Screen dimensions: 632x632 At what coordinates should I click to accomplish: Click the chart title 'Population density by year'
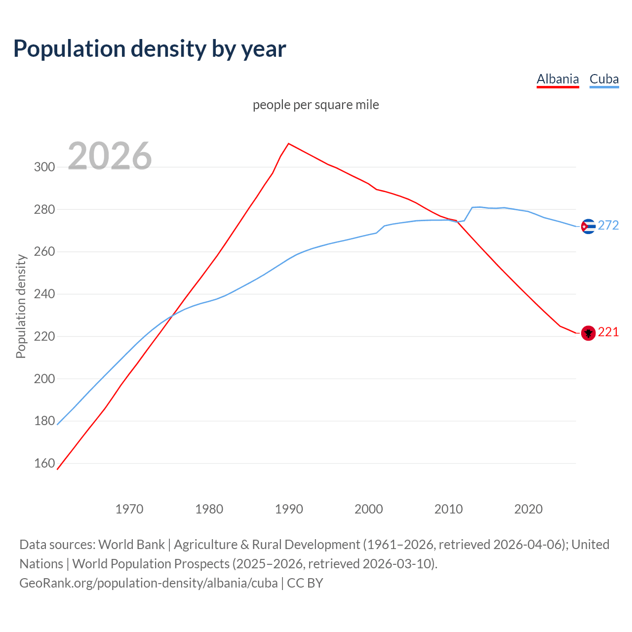[150, 48]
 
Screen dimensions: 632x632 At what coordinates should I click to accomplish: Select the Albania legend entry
[557, 79]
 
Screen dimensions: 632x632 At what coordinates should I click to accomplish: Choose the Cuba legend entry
[604, 79]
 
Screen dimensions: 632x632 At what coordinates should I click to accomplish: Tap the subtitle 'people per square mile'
[316, 105]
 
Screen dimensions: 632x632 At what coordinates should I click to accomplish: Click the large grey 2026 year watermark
[110, 156]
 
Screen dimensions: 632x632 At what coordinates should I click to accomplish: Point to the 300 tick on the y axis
[44, 167]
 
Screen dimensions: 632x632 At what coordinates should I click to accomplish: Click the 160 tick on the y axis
[44, 463]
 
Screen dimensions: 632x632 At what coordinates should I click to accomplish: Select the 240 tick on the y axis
[44, 294]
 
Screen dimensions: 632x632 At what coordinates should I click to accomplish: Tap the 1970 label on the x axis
[129, 509]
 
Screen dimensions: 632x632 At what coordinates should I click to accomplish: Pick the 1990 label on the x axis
[289, 509]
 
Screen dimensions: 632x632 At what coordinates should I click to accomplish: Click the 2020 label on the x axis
[528, 509]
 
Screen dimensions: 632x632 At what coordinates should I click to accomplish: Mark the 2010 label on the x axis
[448, 509]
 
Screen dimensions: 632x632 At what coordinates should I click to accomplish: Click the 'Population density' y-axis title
[21, 306]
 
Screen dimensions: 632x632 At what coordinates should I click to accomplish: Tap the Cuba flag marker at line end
[588, 226]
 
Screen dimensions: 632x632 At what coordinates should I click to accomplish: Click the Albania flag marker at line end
[588, 333]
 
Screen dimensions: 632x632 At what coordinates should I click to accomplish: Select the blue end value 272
[608, 226]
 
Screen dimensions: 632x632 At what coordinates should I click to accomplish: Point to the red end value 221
[608, 332]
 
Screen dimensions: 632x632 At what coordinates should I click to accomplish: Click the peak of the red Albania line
[289, 144]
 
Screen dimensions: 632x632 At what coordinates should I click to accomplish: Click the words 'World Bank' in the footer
[131, 544]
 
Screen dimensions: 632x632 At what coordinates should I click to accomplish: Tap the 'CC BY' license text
[305, 583]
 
